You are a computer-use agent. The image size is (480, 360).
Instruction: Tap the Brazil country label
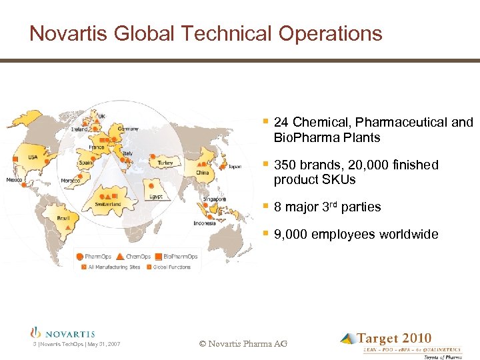[63, 218]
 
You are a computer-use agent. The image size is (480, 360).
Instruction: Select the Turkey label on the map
[165, 163]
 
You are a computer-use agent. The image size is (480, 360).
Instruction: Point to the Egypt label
[155, 197]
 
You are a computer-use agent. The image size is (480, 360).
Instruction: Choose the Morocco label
[71, 181]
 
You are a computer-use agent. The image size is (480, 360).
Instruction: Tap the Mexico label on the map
[15, 180]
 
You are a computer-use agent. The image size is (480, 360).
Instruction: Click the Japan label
[235, 167]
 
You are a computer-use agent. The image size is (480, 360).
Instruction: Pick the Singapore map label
[215, 199]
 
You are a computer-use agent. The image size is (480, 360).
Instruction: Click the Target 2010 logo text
[394, 339]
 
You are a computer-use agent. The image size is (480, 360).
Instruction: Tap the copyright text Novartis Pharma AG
[243, 343]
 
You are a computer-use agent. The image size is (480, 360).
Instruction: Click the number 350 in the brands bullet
[284, 165]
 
